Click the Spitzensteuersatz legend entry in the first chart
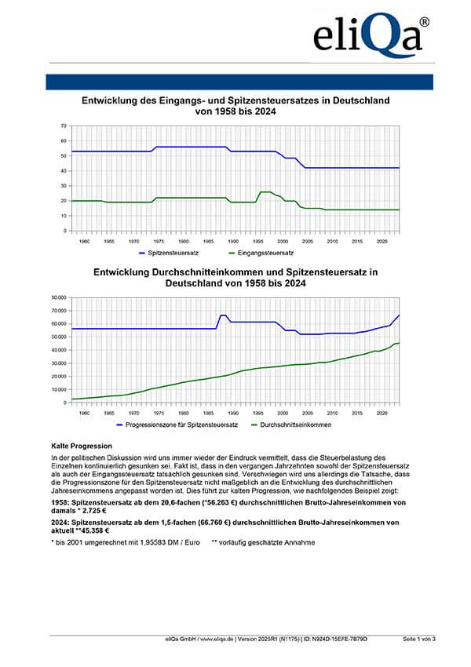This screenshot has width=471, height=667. [171, 253]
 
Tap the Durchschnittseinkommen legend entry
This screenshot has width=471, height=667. [292, 425]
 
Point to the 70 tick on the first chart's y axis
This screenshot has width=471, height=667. [63, 126]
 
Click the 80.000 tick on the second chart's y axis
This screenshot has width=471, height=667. [57, 297]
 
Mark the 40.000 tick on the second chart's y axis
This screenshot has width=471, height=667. [57, 350]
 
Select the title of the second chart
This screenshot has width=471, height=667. [236, 278]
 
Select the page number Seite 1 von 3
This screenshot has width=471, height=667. [418, 640]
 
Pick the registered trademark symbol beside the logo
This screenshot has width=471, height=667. [424, 23]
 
